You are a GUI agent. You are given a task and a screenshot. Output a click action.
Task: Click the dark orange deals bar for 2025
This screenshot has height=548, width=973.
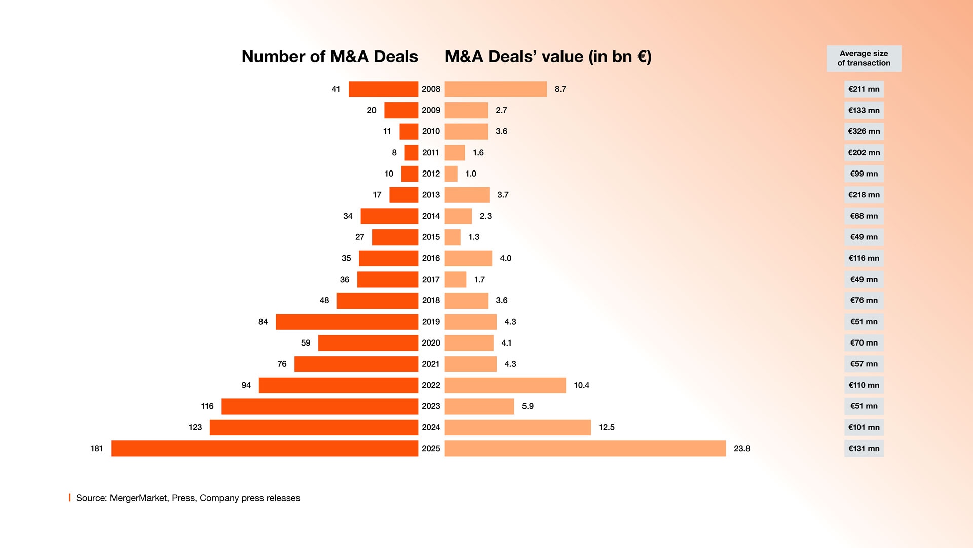[x=265, y=449]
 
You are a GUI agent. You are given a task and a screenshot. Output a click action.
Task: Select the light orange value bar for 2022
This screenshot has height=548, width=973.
[x=505, y=385]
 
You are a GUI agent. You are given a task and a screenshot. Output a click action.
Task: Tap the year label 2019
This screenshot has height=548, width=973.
[x=431, y=322]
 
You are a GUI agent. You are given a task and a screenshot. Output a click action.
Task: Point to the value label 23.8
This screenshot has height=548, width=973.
[x=742, y=449]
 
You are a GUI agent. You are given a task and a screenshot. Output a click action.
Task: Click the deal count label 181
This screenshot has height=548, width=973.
[x=96, y=449]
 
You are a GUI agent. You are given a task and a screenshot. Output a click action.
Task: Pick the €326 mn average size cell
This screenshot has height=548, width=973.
[x=864, y=131]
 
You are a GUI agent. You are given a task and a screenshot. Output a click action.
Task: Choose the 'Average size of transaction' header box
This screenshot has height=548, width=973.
[x=864, y=58]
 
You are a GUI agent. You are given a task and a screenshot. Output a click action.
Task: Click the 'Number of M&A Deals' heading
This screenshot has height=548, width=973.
[x=329, y=56]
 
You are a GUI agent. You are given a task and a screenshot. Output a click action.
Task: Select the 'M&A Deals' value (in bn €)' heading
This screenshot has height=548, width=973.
[x=548, y=56]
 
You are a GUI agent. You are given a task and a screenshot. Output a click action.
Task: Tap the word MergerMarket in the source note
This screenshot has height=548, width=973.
[x=138, y=498]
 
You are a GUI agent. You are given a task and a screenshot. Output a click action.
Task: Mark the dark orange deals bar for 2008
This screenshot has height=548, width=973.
[x=383, y=89]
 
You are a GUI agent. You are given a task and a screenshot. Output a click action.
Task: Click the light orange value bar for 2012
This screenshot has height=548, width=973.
[x=451, y=174]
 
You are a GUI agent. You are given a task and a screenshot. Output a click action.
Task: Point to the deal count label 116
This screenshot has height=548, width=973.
[x=207, y=406]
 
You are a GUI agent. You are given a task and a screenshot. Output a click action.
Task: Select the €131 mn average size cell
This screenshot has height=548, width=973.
[x=864, y=449]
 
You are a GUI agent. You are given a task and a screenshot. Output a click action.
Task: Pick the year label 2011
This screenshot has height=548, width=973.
[x=431, y=153]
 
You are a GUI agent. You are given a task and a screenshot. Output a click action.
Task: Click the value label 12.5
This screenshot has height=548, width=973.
[x=606, y=427]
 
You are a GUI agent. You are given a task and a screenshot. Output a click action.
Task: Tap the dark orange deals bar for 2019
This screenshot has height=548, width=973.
[x=347, y=322]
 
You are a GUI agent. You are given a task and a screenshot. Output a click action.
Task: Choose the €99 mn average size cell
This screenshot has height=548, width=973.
[x=864, y=174]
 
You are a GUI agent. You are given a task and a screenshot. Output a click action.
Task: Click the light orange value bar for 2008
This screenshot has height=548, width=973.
[x=496, y=89]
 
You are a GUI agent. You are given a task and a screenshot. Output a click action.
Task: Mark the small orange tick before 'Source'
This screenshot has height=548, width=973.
[x=70, y=498]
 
